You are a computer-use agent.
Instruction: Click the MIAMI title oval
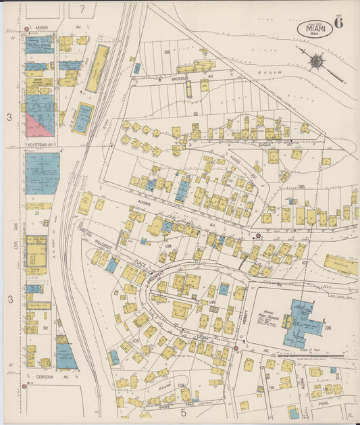tap(314, 29)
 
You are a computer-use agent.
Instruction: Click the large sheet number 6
tap(338, 22)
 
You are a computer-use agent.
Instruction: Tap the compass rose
tap(316, 62)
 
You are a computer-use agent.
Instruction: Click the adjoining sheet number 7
tap(82, 9)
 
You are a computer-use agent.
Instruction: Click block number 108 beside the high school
tap(328, 328)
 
